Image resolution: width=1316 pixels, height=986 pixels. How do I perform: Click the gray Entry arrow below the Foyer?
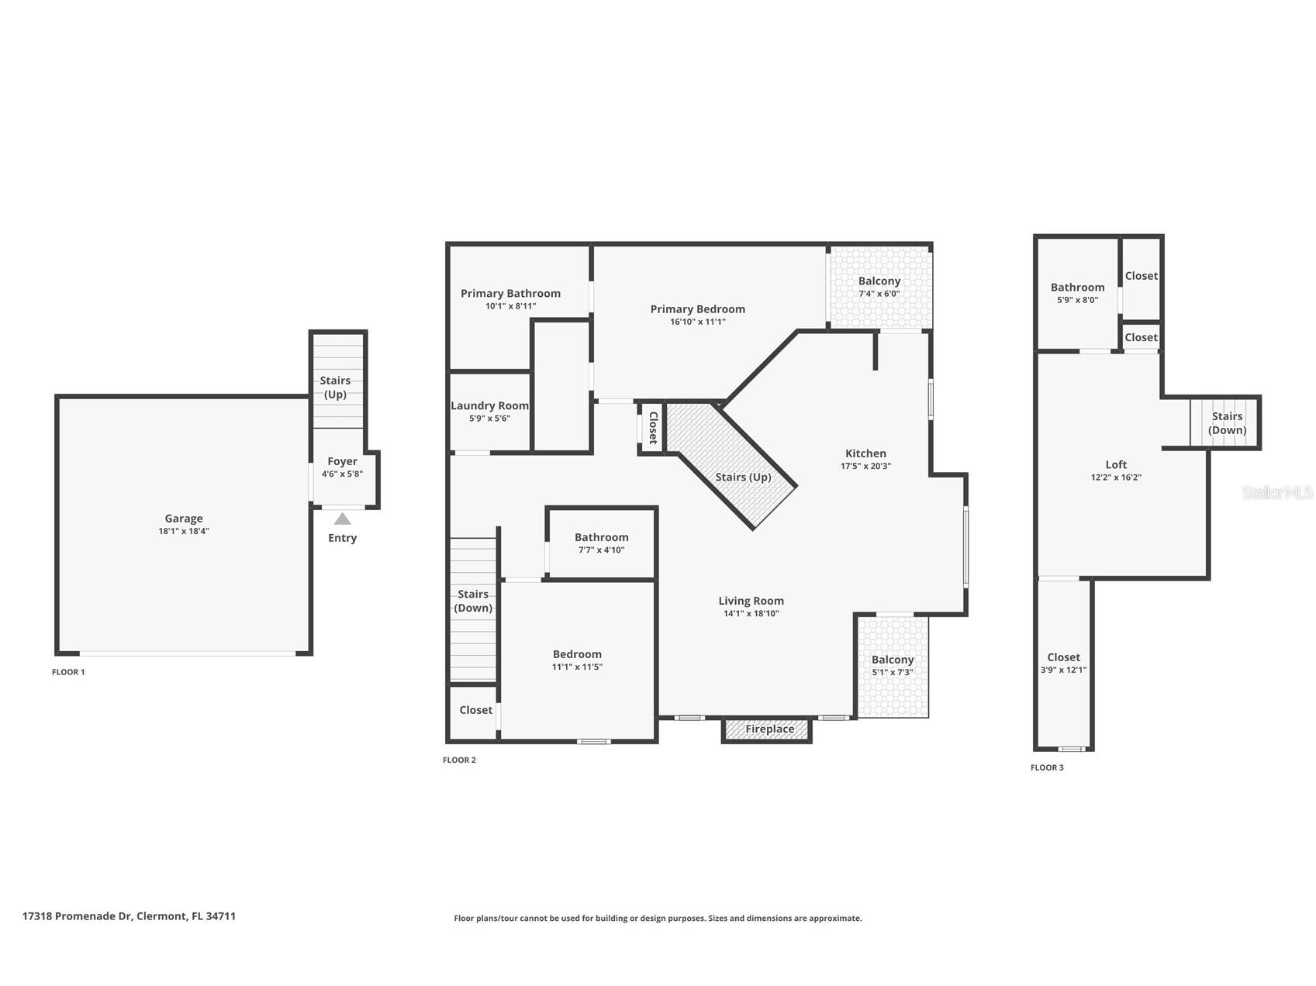(342, 519)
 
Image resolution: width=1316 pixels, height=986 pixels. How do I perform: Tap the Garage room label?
(184, 519)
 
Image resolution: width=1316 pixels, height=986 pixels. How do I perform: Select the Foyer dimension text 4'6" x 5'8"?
(342, 474)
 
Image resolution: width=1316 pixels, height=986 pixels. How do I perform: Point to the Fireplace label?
(769, 729)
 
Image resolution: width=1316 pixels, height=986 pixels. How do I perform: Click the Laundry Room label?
(490, 405)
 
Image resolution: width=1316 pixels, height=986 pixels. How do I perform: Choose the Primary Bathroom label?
(510, 293)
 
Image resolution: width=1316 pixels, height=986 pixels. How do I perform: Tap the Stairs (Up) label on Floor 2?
(743, 477)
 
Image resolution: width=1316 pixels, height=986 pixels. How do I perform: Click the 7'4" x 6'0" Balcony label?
(879, 281)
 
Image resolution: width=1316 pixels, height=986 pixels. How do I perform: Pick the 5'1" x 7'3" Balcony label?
(893, 660)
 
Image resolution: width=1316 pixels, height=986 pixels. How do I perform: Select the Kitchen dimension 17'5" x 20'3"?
(865, 466)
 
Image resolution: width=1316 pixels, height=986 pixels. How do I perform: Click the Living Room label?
(751, 601)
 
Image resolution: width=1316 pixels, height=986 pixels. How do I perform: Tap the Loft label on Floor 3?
(1116, 464)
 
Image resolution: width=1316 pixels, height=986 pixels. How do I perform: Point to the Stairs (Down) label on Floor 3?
(1227, 423)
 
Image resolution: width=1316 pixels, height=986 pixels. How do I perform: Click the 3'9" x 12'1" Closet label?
(1063, 657)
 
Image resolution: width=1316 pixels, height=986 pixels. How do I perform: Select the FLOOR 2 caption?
(459, 760)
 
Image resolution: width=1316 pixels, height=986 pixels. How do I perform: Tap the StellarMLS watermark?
(1278, 492)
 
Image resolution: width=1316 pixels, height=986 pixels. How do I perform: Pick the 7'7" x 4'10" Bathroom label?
(601, 537)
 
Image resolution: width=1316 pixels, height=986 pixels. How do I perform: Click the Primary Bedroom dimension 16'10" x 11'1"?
(698, 322)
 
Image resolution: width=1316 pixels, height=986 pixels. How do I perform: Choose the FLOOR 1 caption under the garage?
(68, 672)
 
